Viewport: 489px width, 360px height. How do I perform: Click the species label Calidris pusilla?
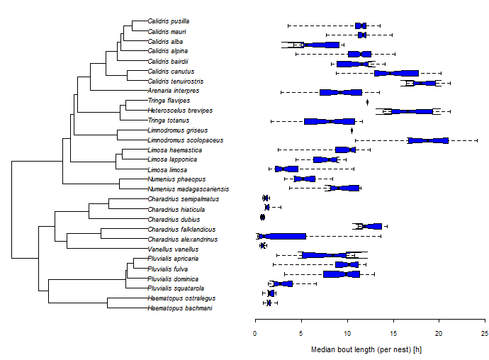coord(168,21)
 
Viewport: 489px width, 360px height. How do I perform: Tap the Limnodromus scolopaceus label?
coord(185,140)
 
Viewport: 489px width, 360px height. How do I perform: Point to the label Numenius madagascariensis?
coord(188,189)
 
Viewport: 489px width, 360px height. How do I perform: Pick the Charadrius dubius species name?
coord(172,220)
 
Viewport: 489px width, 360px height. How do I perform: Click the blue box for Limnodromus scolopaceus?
coord(428,140)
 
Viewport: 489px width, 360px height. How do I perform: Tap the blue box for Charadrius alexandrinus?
coord(282,236)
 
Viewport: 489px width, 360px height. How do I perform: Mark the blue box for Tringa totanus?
coord(330,121)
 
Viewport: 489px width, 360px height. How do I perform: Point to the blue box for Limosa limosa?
coord(286,169)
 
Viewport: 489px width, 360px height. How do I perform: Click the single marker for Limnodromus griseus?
coord(352,130)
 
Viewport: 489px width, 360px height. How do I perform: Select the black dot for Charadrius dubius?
coord(262,217)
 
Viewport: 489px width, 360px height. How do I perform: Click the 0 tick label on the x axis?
coord(255,334)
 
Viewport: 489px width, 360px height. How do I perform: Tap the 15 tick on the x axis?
coord(393,334)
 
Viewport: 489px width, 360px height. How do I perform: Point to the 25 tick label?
coord(485,334)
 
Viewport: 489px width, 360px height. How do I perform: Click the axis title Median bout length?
coord(366,349)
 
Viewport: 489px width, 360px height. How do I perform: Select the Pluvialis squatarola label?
coord(176,288)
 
